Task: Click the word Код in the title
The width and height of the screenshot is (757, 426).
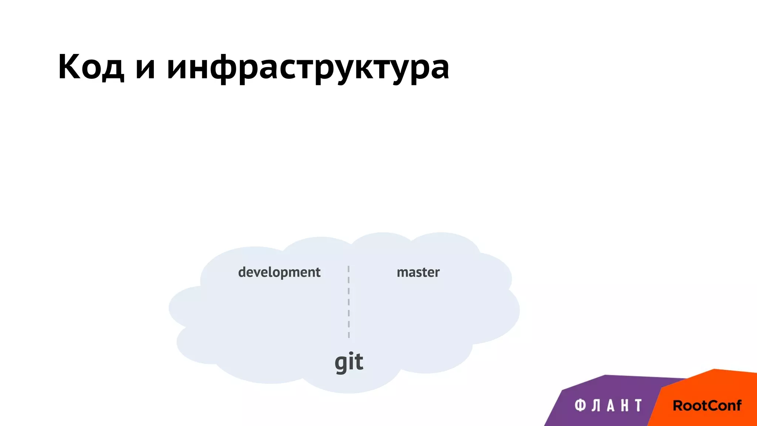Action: tap(91, 67)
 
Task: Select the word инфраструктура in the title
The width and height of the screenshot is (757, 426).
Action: tap(308, 68)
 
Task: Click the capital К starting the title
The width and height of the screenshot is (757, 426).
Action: tap(70, 67)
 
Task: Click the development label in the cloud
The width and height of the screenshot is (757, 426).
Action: tap(279, 273)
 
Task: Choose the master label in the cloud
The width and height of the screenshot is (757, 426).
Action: tap(418, 273)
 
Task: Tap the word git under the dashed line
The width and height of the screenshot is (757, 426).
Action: tap(349, 362)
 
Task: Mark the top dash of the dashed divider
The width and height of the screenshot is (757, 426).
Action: tap(349, 269)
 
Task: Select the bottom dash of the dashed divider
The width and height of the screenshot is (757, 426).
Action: tap(349, 335)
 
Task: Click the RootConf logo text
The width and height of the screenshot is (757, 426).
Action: tap(707, 406)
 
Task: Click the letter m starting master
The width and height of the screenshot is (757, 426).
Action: tap(402, 273)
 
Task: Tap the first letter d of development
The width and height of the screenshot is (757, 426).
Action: tap(242, 272)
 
